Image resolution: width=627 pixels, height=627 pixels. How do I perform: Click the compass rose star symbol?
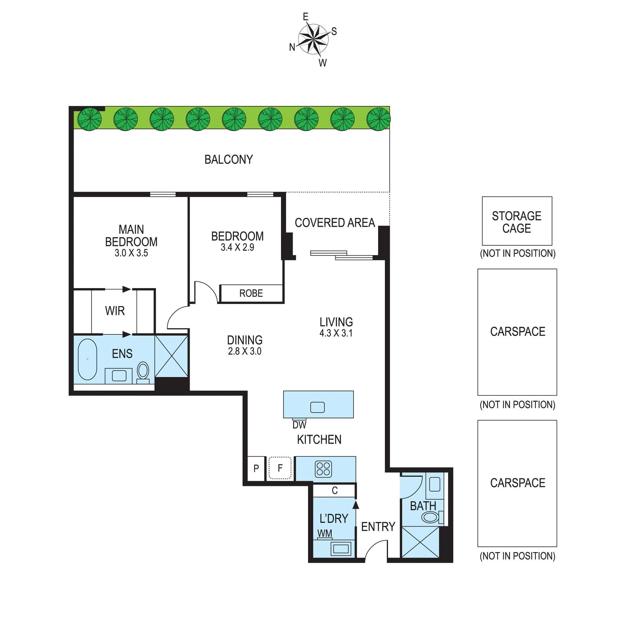313,38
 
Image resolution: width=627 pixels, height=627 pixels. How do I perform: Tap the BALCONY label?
228,159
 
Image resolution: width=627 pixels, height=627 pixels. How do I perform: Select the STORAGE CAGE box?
517,221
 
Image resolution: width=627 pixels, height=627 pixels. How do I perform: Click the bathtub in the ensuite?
87,359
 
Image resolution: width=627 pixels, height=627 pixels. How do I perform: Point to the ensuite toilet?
143,371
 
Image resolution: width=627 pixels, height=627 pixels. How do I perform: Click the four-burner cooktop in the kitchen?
324,469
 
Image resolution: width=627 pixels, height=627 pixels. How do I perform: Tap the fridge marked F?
280,468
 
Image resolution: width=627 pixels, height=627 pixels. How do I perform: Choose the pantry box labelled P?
256,468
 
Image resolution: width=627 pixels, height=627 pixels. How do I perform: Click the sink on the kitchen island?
317,408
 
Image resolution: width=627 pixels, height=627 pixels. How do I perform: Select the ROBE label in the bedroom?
251,293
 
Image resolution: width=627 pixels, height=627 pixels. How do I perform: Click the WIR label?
115,311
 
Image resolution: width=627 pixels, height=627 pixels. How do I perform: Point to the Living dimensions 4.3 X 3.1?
336,333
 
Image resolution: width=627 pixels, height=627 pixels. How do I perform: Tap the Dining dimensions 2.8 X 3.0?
245,351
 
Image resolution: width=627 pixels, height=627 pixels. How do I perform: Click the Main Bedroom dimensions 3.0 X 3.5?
131,253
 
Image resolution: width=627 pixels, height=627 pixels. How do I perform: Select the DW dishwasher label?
299,425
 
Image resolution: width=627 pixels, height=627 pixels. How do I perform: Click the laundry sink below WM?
341,549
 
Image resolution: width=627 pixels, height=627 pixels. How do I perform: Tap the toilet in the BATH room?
431,517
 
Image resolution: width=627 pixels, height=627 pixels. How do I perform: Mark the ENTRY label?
378,527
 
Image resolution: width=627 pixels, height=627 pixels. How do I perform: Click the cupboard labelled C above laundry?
334,490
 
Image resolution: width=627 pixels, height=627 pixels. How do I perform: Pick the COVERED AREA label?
335,223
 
